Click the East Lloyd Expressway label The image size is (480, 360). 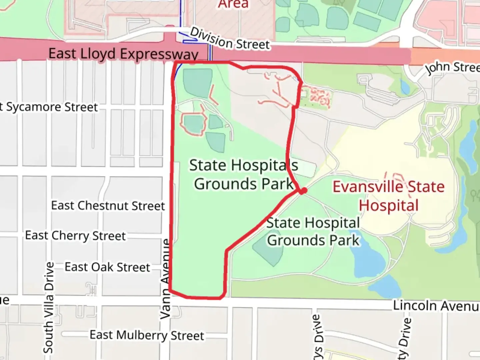click(x=123, y=54)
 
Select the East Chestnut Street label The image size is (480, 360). click(x=108, y=206)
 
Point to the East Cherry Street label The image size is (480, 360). click(x=76, y=236)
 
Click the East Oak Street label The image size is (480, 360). click(x=107, y=267)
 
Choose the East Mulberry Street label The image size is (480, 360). click(x=147, y=335)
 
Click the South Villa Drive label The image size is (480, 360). click(x=49, y=307)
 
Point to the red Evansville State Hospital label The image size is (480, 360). click(x=389, y=196)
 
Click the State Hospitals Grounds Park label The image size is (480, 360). click(x=244, y=174)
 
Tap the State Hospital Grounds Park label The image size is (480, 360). click(x=313, y=231)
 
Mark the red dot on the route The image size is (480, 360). click(x=303, y=191)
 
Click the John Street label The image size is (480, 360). click(x=452, y=67)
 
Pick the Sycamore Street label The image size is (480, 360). click(x=50, y=107)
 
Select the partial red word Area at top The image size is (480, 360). click(x=233, y=4)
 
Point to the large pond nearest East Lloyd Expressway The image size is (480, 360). click(x=198, y=83)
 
